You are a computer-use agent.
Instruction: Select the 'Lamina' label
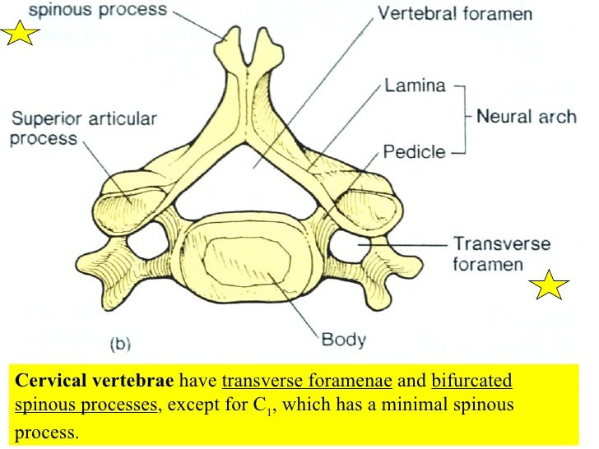[415, 85]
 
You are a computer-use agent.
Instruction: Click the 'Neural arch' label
[526, 116]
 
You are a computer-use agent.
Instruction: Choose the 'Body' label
[344, 338]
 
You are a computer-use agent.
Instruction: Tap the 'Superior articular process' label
[82, 128]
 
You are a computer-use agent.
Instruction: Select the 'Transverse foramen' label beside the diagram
[501, 253]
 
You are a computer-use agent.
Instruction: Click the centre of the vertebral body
[246, 262]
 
